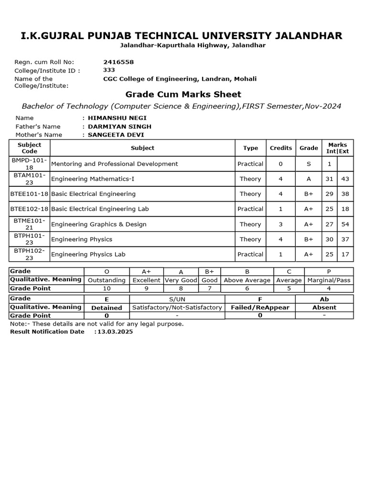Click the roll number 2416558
pos(119,62)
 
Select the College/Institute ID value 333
pos(109,70)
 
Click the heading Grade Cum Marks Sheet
pos(183,94)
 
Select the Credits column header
pos(281,148)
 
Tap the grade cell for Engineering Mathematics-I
pos(309,179)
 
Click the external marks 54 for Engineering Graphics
pos(345,224)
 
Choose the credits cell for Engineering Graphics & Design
pos(281,224)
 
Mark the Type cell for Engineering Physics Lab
pos(250,255)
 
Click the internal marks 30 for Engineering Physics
pos(329,239)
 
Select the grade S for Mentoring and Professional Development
pos(309,164)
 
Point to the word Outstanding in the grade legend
pos(107,280)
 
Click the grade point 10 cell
pos(107,288)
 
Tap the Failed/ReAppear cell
pos(260,308)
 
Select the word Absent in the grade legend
pos(324,308)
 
